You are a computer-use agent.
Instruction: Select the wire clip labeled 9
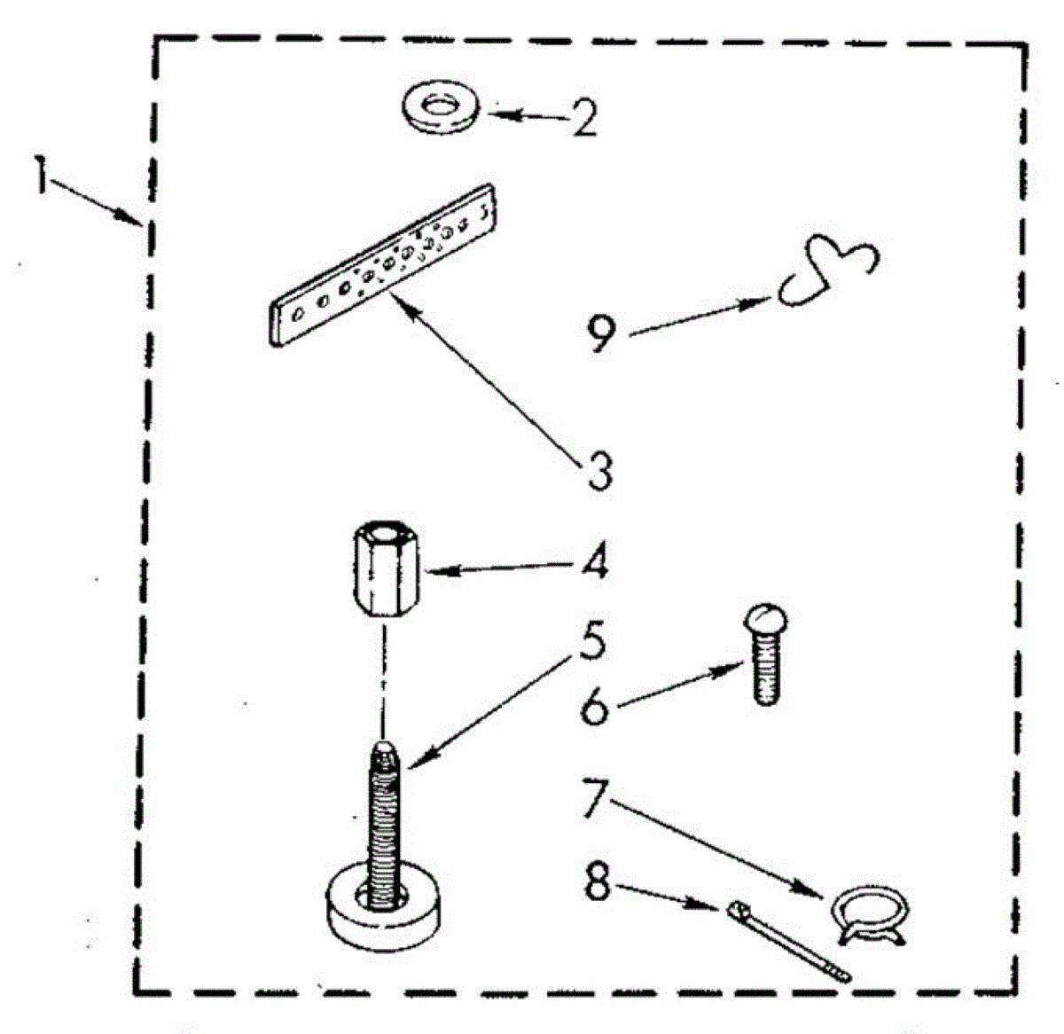pos(830,270)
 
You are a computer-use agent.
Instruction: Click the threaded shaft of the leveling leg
pos(382,816)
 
